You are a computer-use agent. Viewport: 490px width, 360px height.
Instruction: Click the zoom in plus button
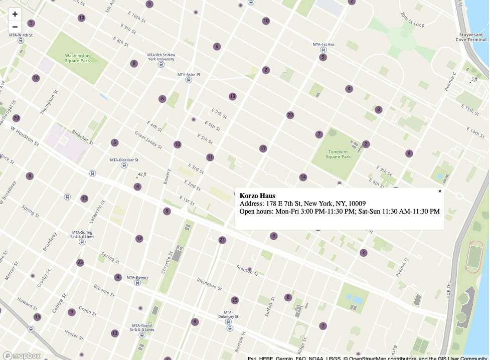tap(15, 14)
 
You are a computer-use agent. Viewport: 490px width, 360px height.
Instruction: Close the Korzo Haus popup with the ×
tap(440, 191)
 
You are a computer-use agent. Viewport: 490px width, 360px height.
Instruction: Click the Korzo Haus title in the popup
tap(257, 196)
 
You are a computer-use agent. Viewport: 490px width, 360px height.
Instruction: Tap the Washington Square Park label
tap(77, 58)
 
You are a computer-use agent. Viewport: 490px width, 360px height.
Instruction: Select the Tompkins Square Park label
tap(339, 154)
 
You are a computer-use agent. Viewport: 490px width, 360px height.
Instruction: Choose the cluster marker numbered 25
tap(235, 300)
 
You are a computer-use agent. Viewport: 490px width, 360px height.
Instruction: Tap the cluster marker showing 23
tap(80, 263)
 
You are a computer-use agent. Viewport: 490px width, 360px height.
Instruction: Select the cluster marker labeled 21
tap(222, 240)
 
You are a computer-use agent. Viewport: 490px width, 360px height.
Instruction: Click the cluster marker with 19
tap(232, 96)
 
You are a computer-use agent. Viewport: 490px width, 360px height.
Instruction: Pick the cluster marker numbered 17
tap(263, 148)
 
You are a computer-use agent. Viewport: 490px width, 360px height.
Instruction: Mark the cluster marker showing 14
tap(303, 177)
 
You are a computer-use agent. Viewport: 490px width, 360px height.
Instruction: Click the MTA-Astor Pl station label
tap(189, 74)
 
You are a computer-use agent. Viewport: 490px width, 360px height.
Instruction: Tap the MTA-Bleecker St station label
tap(124, 160)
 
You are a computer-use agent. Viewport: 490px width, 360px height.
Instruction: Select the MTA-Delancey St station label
tap(229, 316)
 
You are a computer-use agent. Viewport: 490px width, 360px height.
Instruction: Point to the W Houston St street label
tap(24, 135)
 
